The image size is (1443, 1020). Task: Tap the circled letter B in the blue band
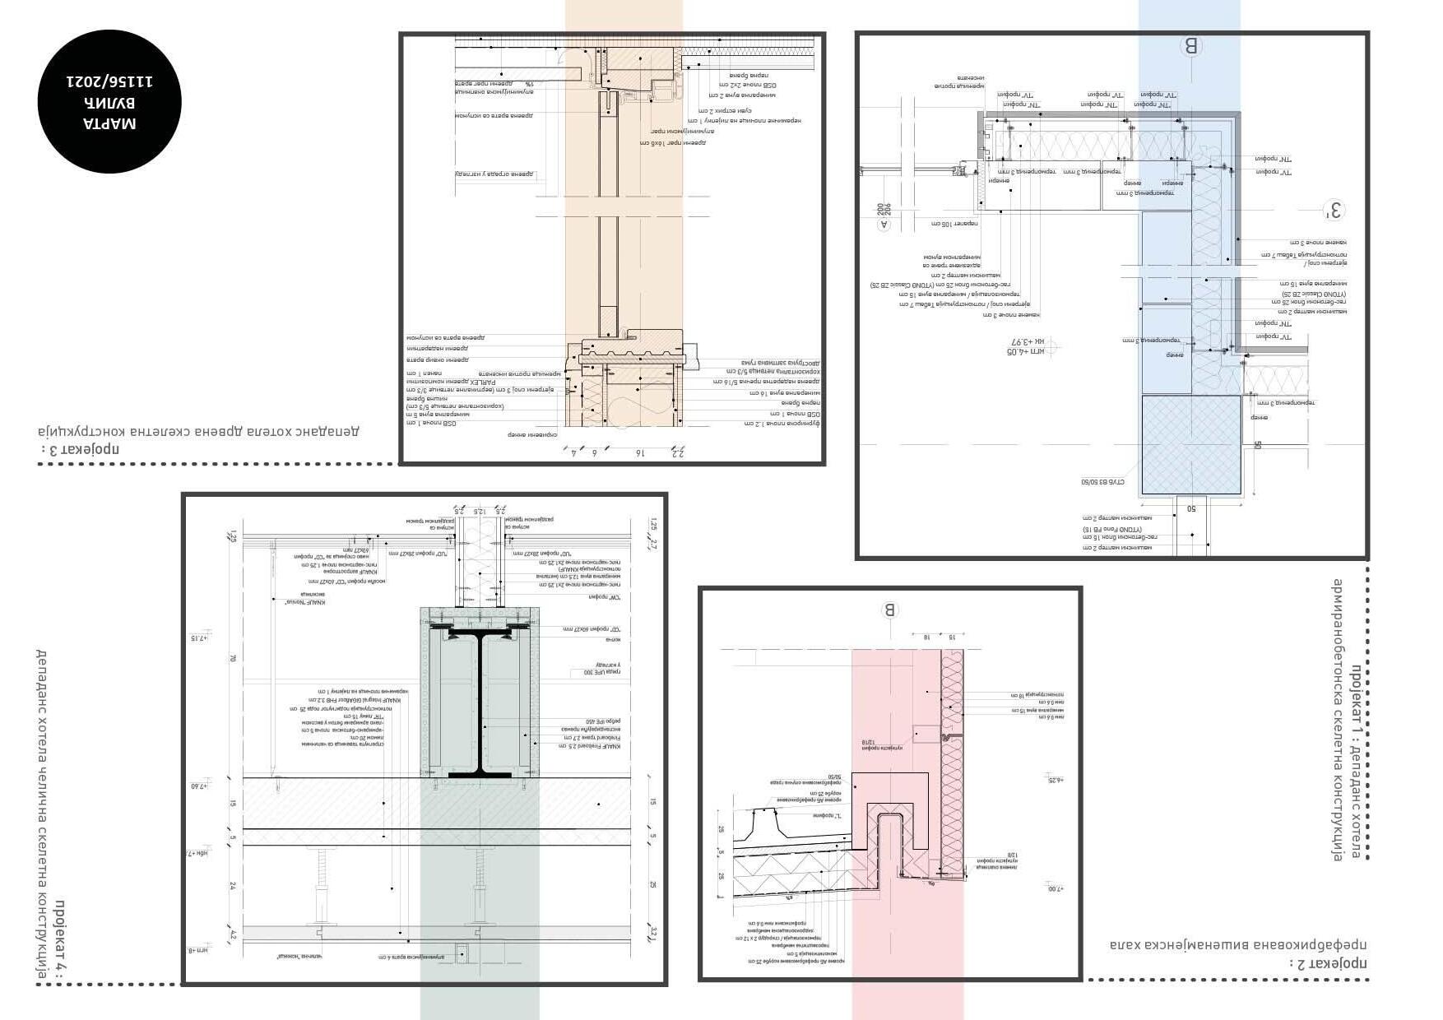1190,46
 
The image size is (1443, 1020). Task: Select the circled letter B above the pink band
889,610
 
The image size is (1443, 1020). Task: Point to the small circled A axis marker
884,223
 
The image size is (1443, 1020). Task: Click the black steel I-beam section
480,700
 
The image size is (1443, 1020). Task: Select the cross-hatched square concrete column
1190,444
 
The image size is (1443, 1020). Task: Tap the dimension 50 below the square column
1190,508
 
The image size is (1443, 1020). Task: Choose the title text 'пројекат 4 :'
60,938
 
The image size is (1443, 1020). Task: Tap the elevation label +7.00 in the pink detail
1056,888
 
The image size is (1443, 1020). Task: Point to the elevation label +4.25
1056,779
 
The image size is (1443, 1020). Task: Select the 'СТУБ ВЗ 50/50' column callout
1107,483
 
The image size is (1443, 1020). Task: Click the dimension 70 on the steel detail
233,658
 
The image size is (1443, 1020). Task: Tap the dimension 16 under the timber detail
639,452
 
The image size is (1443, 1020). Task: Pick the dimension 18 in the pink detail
926,637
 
